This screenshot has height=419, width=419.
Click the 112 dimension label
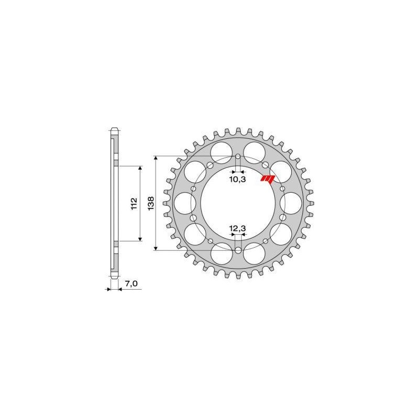(134, 203)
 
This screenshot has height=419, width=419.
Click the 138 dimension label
(151, 203)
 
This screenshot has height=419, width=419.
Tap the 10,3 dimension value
(238, 179)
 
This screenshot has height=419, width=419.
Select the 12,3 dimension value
(238, 228)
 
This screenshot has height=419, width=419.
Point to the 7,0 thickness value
(131, 283)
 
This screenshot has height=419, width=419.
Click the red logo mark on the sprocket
(268, 179)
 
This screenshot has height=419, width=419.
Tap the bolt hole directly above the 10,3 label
(238, 157)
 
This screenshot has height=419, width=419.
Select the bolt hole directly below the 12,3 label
(238, 250)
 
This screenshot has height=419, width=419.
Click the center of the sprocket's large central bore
(238, 204)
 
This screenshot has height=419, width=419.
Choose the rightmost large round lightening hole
(289, 203)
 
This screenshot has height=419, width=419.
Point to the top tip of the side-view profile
(114, 128)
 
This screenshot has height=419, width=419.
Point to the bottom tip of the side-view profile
(114, 279)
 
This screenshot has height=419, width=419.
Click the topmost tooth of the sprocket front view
(238, 129)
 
